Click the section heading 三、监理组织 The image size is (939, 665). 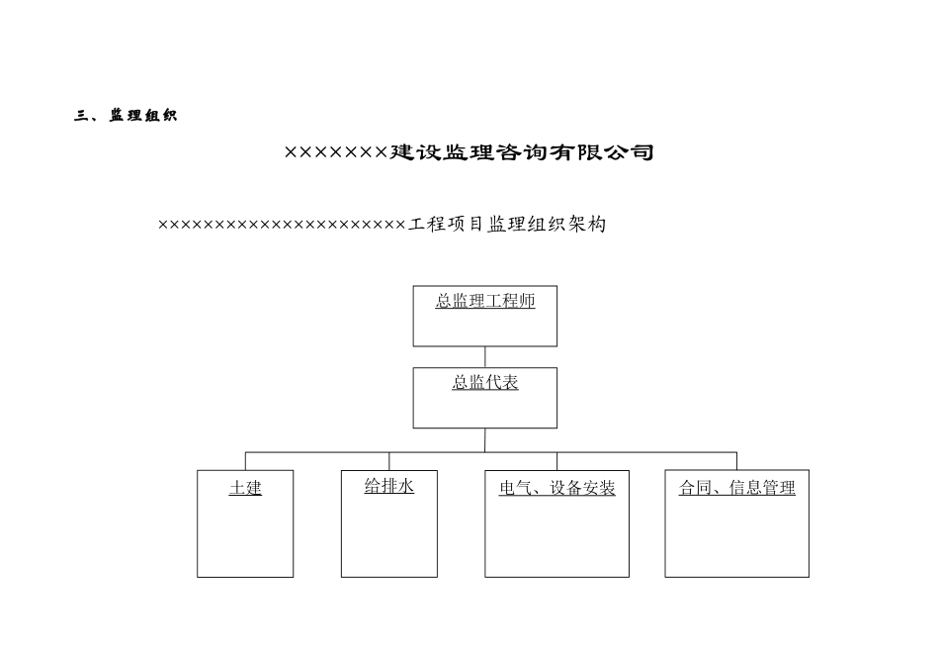(x=126, y=116)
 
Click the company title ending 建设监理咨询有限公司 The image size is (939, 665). (x=469, y=152)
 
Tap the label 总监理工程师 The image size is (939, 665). (x=485, y=301)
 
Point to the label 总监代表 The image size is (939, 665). (x=485, y=383)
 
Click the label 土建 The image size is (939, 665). (x=245, y=488)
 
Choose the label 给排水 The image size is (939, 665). (x=388, y=486)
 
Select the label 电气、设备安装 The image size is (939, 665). (x=556, y=488)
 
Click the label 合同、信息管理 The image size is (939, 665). (x=736, y=488)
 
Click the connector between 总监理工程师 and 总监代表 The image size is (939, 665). (x=485, y=357)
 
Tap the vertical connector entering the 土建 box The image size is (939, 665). (x=245, y=461)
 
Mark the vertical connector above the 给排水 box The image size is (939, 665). (x=388, y=461)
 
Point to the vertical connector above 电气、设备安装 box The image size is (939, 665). (x=556, y=461)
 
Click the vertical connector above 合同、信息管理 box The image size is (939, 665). (x=736, y=461)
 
